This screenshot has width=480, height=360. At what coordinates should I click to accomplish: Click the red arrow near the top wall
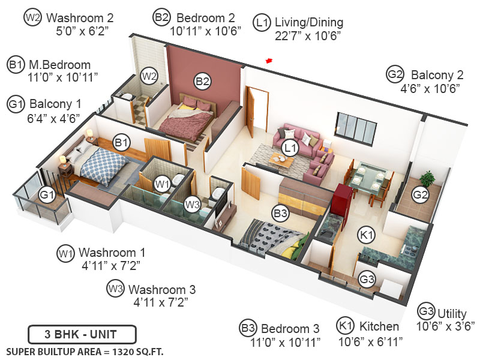[x=269, y=60]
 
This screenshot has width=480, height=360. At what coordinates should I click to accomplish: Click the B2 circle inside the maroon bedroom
[x=202, y=80]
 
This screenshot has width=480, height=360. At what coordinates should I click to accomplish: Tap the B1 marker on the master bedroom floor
[x=122, y=142]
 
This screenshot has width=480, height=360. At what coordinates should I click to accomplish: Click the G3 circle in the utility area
[x=367, y=278]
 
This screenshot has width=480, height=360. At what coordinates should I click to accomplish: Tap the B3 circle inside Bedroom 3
[x=280, y=212]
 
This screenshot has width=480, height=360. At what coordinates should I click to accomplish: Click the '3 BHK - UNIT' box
[x=82, y=334]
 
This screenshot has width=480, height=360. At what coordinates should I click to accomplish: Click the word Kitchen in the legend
[x=379, y=327]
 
